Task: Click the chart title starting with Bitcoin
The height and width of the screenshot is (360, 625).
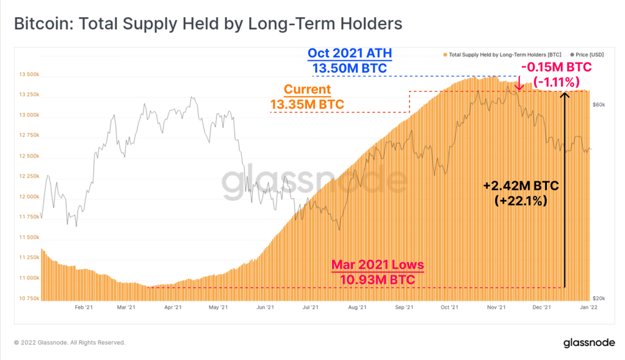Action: click(x=208, y=24)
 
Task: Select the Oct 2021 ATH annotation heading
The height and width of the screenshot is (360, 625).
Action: click(x=350, y=54)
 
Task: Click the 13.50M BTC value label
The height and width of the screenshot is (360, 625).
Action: click(x=350, y=68)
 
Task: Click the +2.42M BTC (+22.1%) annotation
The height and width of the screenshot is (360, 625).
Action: click(x=522, y=192)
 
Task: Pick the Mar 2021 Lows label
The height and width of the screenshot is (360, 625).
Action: click(x=377, y=265)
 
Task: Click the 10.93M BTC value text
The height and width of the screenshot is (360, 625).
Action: click(x=377, y=279)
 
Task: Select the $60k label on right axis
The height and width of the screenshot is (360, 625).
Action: click(x=599, y=104)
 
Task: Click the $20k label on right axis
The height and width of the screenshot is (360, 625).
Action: click(x=599, y=298)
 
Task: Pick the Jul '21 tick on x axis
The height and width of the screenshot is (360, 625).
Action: click(x=311, y=309)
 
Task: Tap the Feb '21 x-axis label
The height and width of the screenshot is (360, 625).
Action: click(x=83, y=309)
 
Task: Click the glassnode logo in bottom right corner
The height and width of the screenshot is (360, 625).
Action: click(x=589, y=343)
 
